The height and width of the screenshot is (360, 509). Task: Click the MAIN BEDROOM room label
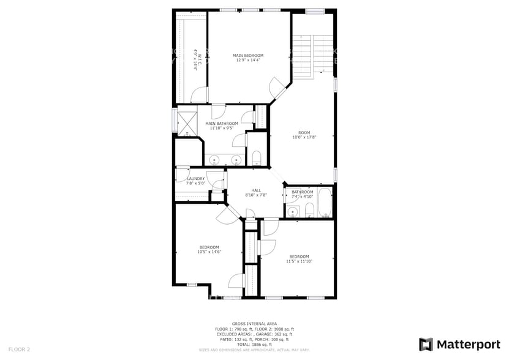tap(248, 55)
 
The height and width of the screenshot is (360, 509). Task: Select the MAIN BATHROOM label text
tap(222, 124)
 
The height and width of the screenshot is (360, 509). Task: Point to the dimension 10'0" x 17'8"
tap(304, 137)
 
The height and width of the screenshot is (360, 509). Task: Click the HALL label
tap(256, 190)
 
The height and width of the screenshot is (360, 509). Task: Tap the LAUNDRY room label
tap(195, 179)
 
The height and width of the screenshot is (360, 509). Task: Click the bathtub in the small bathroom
tap(324, 203)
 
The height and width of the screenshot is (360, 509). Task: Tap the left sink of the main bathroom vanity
tap(214, 160)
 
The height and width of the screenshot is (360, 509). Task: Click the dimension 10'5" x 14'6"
tap(209, 252)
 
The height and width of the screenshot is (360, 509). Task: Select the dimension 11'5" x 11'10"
tap(299, 261)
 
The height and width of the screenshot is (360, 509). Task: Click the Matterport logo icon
tap(426, 344)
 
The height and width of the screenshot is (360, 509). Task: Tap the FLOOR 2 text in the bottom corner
tap(19, 349)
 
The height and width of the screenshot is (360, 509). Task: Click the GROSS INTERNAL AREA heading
tap(254, 323)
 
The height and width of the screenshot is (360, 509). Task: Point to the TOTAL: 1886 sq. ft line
tap(254, 345)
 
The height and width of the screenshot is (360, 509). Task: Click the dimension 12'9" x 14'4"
tap(248, 60)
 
